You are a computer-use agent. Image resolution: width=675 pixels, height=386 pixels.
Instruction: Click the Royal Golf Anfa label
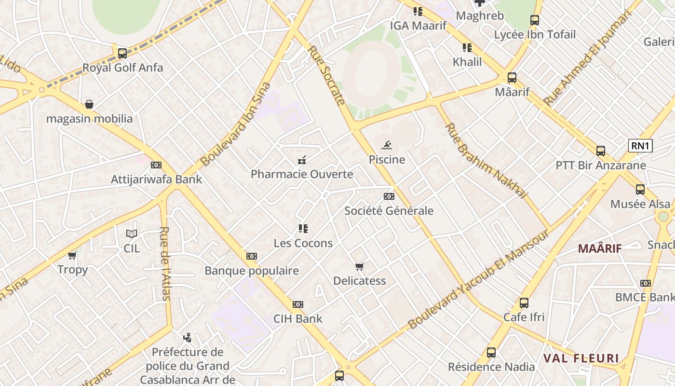point(122,68)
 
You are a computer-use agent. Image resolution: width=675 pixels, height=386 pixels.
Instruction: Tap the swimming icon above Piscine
point(387,145)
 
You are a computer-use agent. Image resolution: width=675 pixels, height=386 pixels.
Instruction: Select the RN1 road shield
point(640,146)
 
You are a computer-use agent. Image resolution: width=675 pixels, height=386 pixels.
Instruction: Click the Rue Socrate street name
point(326,75)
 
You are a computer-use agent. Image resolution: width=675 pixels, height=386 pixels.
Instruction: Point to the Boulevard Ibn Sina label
point(236,124)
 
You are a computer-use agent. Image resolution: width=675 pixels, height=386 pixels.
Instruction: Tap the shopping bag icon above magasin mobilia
point(89,104)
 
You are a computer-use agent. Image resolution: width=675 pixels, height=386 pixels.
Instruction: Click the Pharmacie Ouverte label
point(302,174)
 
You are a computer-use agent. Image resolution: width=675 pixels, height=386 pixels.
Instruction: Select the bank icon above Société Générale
point(389,196)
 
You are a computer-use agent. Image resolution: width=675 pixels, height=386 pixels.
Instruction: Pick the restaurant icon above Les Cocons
point(303,229)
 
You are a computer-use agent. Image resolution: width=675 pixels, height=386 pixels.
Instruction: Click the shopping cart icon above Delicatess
point(359,266)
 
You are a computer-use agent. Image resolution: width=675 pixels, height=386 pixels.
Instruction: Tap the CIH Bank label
point(298,318)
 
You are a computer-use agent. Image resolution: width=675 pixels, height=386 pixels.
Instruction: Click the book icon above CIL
point(131,234)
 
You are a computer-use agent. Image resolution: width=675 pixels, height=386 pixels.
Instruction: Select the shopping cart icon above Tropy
point(72,255)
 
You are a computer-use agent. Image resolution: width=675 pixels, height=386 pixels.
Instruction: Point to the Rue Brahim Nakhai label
point(486,161)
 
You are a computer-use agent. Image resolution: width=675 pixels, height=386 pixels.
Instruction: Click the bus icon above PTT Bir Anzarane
point(601,151)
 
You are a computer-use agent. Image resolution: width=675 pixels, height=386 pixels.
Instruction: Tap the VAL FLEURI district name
point(581,358)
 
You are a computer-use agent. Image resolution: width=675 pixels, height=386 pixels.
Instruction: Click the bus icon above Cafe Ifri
point(524,303)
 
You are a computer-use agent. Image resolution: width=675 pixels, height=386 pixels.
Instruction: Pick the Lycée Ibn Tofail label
point(535,35)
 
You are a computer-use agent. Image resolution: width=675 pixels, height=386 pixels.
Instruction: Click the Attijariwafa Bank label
point(156,179)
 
